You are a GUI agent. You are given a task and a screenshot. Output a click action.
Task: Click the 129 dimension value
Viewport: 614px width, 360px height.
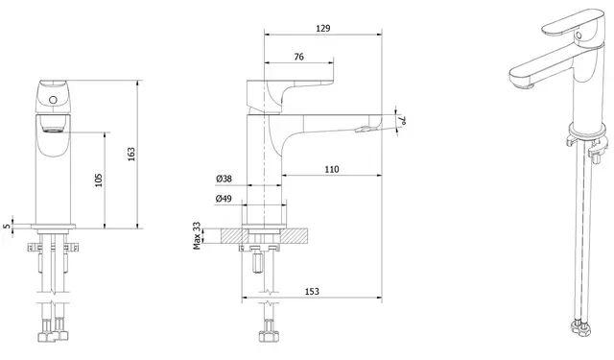point(322,28)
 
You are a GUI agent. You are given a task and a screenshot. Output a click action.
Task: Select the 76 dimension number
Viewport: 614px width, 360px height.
point(298,57)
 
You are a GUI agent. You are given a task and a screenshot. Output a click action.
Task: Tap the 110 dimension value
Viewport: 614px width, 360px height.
point(332,169)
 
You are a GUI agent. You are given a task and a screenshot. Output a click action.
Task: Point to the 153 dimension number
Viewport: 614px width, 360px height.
point(312,292)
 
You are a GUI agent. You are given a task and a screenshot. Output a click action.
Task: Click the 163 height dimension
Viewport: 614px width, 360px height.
point(131,154)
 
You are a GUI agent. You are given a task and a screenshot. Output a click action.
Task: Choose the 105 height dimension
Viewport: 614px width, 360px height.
point(98,180)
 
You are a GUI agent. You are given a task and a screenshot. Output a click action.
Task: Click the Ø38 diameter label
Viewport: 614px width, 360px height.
point(224,179)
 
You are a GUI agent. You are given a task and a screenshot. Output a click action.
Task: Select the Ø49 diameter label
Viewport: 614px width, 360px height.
point(224,199)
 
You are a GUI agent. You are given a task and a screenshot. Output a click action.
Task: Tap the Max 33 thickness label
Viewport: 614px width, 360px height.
point(197,235)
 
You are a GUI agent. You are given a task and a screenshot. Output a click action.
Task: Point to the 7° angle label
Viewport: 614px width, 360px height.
point(402,120)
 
